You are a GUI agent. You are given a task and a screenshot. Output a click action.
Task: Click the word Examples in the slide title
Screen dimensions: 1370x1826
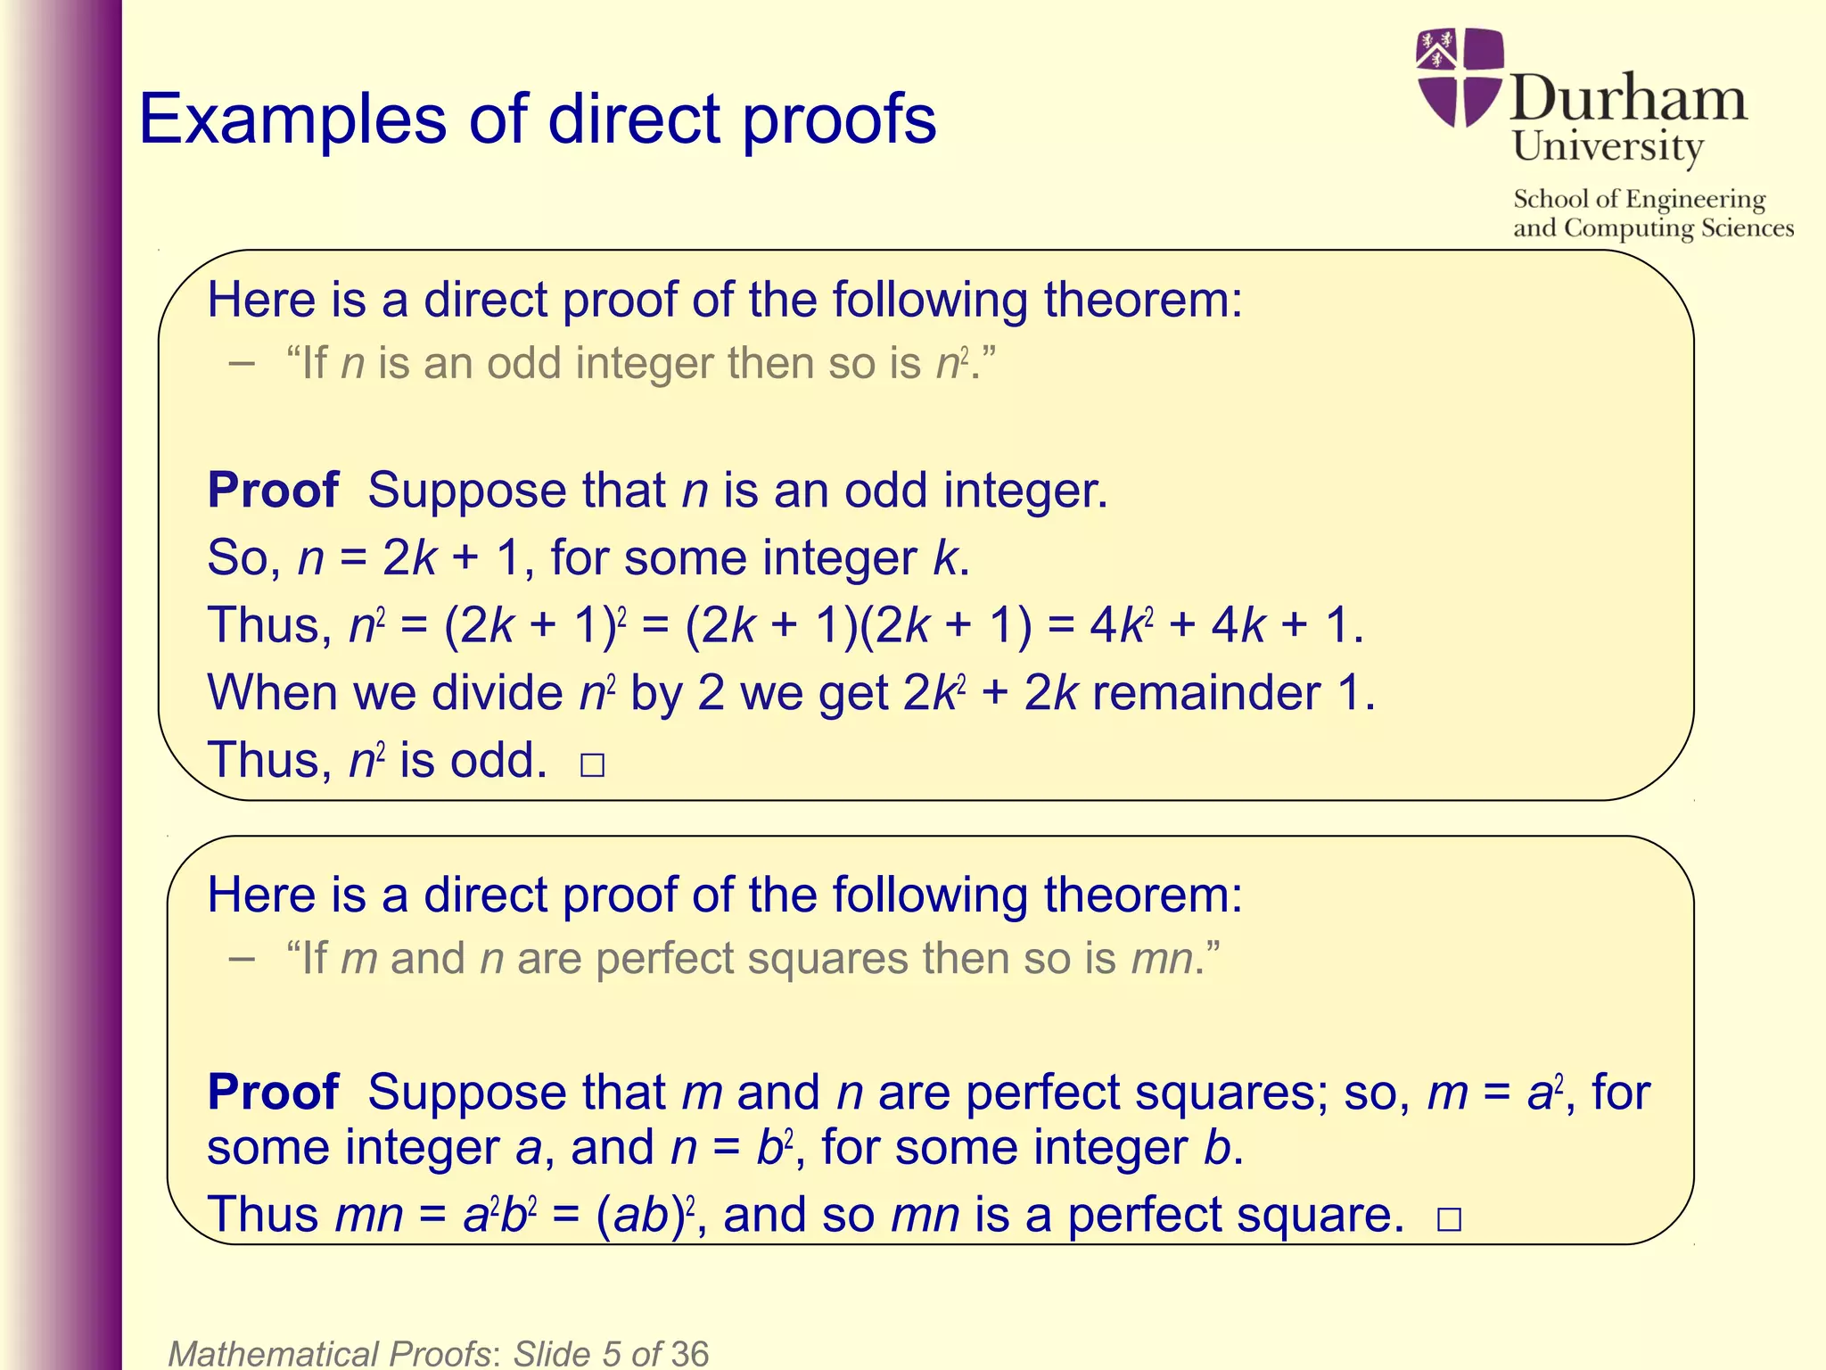pyautogui.click(x=292, y=120)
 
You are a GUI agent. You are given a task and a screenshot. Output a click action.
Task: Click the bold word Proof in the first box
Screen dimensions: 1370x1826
pyautogui.click(x=273, y=491)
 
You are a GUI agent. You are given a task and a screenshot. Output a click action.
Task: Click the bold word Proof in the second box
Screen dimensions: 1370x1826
pyautogui.click(x=273, y=1093)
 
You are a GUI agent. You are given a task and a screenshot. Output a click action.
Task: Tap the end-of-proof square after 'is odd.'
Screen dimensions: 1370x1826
pyautogui.click(x=592, y=765)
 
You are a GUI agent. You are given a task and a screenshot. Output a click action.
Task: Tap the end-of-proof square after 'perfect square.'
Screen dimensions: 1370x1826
pyautogui.click(x=1449, y=1219)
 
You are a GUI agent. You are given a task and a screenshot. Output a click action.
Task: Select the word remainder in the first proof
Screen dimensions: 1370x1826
pyautogui.click(x=1206, y=693)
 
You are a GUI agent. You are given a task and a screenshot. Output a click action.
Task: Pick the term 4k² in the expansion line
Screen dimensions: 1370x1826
pyautogui.click(x=1118, y=624)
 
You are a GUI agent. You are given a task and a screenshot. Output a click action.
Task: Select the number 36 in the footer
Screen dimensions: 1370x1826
pyautogui.click(x=689, y=1353)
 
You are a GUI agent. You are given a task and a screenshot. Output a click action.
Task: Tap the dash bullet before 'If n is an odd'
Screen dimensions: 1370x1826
pyautogui.click(x=241, y=363)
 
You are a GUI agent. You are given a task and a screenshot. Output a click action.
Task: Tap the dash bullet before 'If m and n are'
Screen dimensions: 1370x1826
pyautogui.click(x=241, y=959)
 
